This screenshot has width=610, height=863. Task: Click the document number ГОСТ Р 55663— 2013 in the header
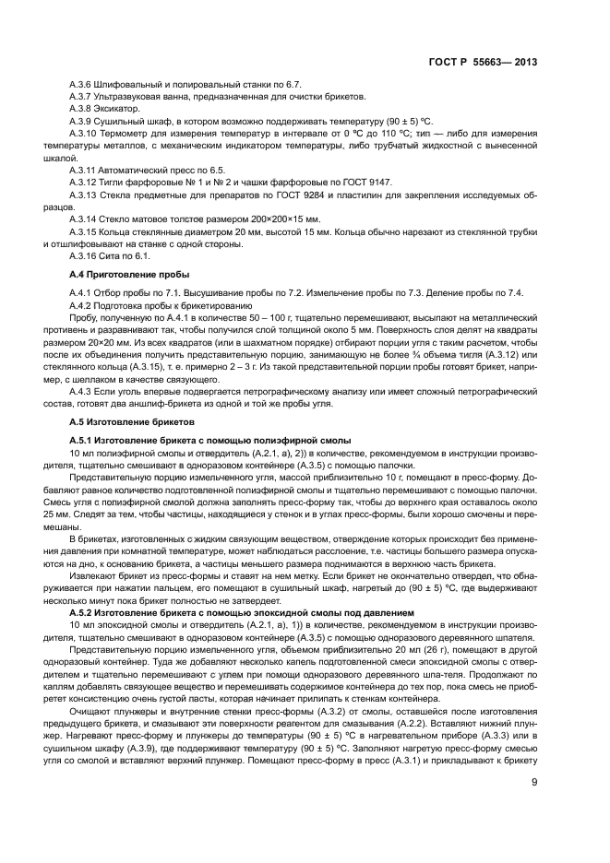[x=484, y=63]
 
